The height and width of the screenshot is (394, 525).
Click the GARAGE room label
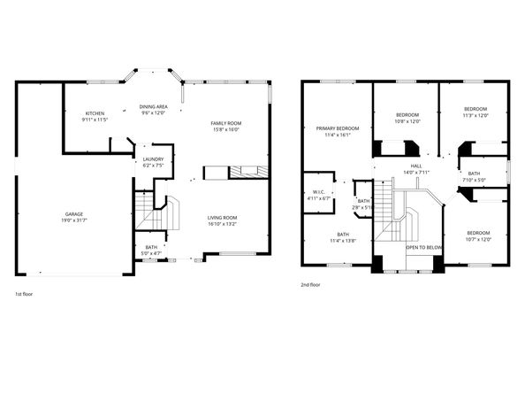(x=73, y=213)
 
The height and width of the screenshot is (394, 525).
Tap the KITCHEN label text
(x=95, y=114)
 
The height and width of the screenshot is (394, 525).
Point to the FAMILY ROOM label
(x=225, y=123)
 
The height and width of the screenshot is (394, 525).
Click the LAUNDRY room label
(x=152, y=160)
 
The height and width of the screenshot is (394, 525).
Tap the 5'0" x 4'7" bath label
(x=151, y=247)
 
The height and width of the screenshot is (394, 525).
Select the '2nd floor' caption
(x=312, y=284)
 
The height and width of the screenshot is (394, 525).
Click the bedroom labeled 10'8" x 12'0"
(x=407, y=116)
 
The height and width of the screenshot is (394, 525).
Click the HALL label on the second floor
(x=415, y=166)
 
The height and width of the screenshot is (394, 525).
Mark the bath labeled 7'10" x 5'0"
(x=475, y=174)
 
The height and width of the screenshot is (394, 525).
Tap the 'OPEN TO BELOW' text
(x=424, y=247)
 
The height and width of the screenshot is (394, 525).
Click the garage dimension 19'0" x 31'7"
(x=73, y=220)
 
